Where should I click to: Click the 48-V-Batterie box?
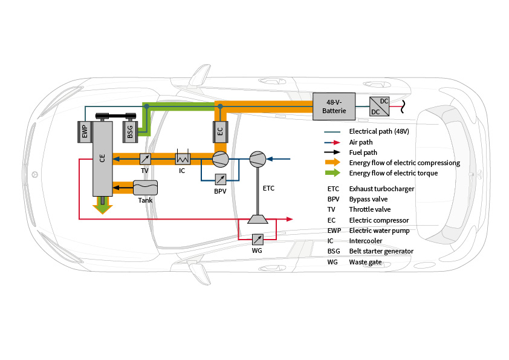coord(334,106)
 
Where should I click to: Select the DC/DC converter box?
coord(379,106)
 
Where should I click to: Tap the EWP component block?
coord(85,131)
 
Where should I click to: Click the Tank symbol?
coord(145,188)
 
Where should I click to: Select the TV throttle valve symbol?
coord(145,159)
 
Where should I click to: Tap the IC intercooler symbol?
coord(183,159)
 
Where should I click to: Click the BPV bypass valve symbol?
coord(221,179)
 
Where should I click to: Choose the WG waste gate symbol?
coord(258,238)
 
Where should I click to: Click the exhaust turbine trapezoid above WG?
coord(258,218)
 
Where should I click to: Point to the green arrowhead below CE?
coord(103,209)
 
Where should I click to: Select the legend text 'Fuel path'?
coord(363,152)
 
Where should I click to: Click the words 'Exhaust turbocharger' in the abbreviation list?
coord(381,189)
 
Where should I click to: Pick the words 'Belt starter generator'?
coord(381,251)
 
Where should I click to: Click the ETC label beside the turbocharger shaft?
coord(268,188)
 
